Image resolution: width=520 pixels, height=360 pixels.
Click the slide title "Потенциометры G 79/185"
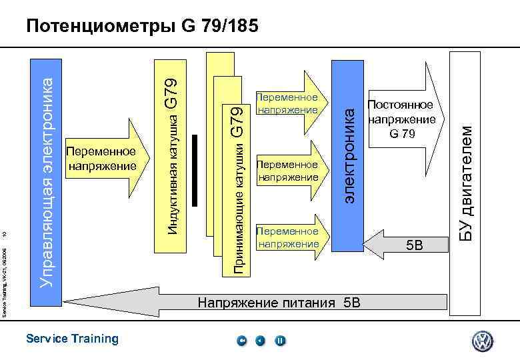tap(141, 27)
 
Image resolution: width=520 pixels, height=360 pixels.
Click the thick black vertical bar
tap(195, 170)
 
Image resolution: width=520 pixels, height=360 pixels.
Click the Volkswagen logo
tap(482, 341)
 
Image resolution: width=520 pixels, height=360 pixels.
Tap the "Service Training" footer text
tap(72, 339)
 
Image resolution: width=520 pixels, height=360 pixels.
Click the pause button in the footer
tap(280, 341)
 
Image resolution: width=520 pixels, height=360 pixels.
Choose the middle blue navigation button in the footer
tap(261, 341)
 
